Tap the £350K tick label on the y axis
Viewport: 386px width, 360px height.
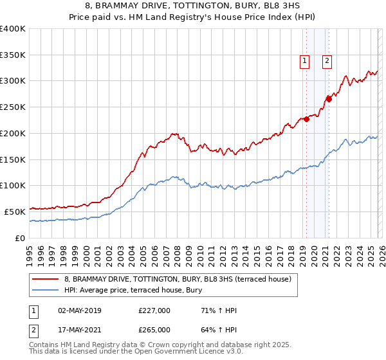click(x=12, y=55)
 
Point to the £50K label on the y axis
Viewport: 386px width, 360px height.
click(x=15, y=211)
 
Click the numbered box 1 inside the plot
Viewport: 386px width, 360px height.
click(x=304, y=61)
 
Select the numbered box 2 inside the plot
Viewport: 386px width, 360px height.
click(x=327, y=61)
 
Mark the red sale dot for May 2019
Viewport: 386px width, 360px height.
click(x=306, y=118)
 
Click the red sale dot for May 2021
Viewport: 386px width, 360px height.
click(x=329, y=98)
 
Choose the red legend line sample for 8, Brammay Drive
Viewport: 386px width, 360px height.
click(x=46, y=280)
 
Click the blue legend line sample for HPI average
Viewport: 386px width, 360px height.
click(x=46, y=290)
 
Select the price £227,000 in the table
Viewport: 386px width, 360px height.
click(x=154, y=310)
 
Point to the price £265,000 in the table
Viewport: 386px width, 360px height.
click(x=154, y=330)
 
